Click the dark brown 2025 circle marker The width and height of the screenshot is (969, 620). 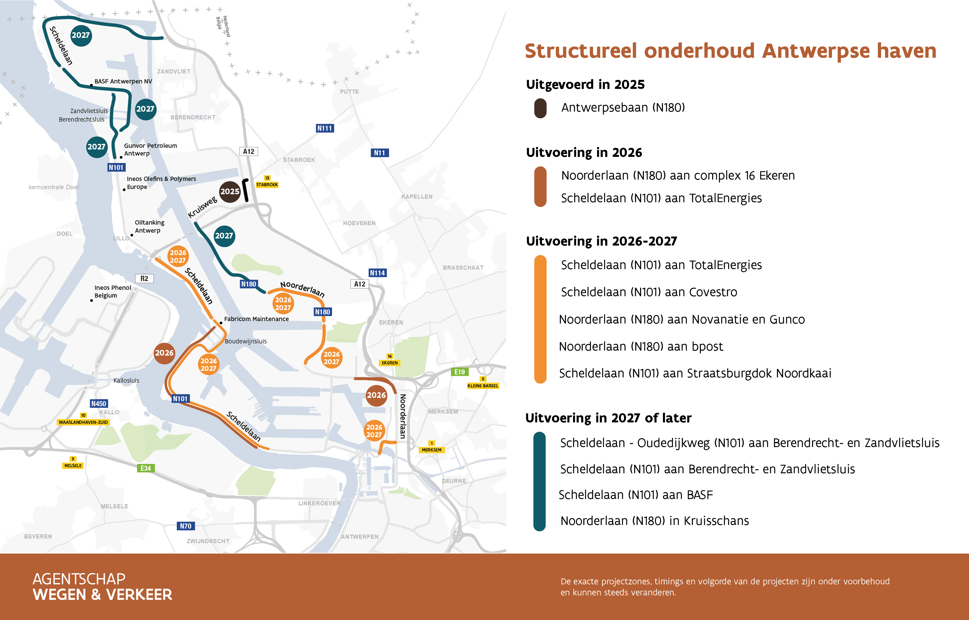230,192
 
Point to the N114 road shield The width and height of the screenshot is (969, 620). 377,273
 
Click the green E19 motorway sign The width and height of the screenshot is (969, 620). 460,372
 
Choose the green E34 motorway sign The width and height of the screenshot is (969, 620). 146,468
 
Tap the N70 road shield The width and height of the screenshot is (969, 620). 186,526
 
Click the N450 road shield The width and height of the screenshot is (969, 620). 99,403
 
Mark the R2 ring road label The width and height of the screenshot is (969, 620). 144,279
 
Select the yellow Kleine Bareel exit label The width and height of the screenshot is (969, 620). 483,386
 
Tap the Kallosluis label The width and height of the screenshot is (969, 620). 126,380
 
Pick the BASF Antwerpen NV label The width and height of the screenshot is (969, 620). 123,81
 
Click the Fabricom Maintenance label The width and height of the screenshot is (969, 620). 256,319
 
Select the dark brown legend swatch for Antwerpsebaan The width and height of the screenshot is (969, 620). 540,108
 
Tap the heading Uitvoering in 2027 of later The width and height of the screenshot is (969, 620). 609,418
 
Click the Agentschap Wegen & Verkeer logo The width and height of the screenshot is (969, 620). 102,587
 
